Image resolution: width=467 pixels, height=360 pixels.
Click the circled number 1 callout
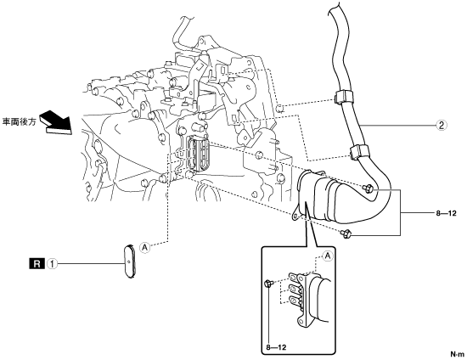click(53, 264)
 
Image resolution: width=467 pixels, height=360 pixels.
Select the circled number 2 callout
click(442, 125)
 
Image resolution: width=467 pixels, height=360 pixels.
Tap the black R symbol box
click(37, 264)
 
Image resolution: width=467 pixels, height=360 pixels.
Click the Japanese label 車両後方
click(19, 122)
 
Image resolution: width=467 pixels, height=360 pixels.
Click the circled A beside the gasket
click(144, 247)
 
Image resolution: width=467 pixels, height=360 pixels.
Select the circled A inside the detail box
click(328, 256)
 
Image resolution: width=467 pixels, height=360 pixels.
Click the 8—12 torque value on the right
click(446, 213)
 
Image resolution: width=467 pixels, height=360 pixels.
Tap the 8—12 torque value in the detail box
click(276, 347)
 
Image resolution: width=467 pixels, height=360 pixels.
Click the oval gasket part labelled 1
click(129, 262)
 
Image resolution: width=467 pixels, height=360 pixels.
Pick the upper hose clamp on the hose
click(342, 97)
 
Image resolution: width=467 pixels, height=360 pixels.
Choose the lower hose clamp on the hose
click(359, 152)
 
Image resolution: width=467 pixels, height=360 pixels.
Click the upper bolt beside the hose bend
click(369, 188)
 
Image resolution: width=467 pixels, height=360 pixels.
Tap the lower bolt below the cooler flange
click(346, 233)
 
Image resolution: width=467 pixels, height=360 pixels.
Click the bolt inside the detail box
click(267, 284)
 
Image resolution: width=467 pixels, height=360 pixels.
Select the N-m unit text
click(457, 354)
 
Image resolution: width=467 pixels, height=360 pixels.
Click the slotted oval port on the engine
click(198, 153)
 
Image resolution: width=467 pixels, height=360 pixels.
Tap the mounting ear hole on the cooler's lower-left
click(295, 217)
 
